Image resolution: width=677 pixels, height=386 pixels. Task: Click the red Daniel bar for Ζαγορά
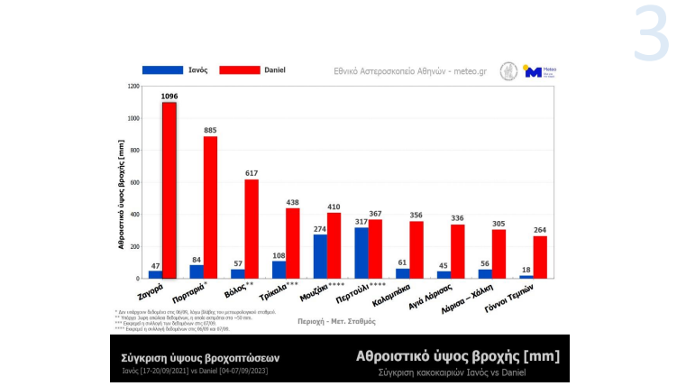click(169, 189)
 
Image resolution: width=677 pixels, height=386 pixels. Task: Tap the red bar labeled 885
click(210, 207)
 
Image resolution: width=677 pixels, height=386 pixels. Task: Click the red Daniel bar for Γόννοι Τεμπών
click(540, 257)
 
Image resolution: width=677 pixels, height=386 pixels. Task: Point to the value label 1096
click(169, 96)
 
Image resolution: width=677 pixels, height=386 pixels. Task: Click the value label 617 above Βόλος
click(252, 172)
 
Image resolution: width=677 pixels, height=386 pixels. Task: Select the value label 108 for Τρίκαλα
click(279, 255)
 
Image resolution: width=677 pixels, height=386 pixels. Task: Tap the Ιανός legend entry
click(172, 69)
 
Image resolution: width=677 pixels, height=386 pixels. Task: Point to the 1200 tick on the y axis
click(133, 87)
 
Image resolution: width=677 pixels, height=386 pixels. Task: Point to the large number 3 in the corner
click(650, 33)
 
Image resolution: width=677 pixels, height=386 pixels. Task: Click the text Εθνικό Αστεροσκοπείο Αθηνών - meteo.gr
click(398, 70)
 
